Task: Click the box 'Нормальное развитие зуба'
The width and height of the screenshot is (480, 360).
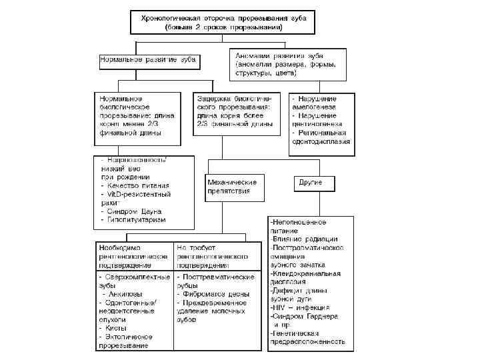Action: (x=147, y=59)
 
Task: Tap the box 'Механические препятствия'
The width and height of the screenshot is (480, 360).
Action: (x=231, y=187)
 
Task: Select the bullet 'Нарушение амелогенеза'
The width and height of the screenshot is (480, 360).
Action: (x=318, y=103)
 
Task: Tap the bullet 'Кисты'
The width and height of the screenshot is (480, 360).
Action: (x=113, y=328)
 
